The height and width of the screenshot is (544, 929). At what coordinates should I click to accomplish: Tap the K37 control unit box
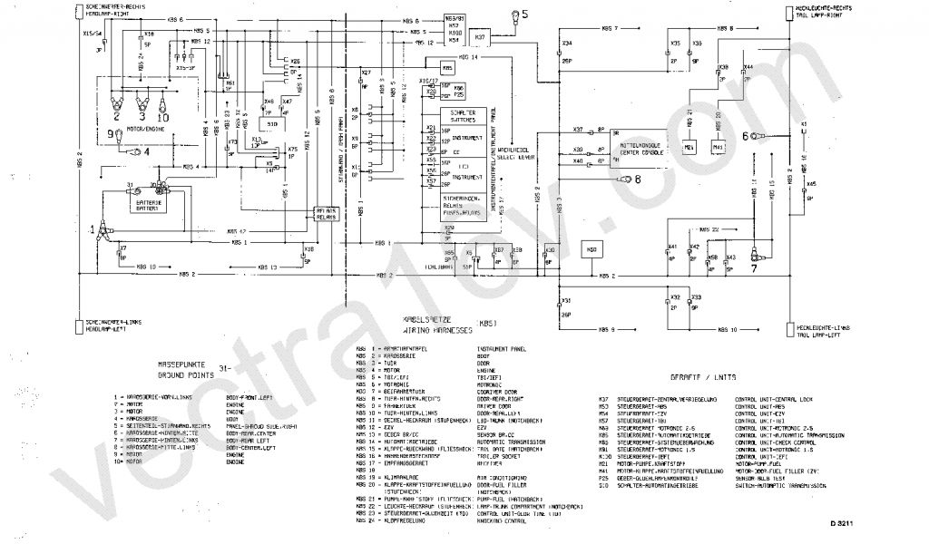481,39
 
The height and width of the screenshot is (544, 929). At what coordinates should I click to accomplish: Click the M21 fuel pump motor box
689,146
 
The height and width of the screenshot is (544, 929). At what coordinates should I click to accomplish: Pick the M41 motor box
719,146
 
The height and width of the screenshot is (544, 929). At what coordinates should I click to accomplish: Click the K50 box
593,250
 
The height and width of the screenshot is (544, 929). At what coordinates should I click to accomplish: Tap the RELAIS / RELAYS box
325,214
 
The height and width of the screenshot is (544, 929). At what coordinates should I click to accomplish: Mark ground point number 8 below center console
625,180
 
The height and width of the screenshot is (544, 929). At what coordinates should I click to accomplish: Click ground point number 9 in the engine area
119,136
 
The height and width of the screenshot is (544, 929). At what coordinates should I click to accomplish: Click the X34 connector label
567,43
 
